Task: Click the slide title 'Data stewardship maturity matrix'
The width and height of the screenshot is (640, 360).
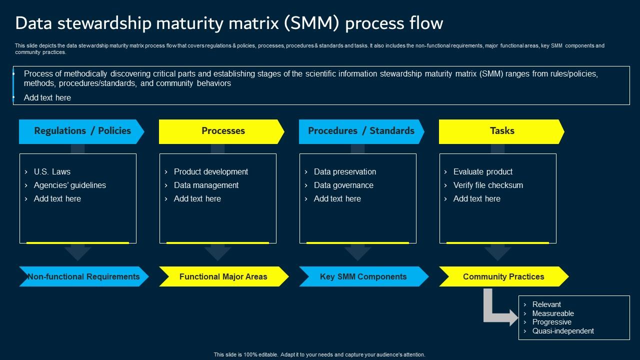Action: (x=229, y=23)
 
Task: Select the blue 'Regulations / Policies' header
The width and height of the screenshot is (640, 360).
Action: (x=82, y=131)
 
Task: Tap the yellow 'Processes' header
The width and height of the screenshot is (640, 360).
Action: (x=222, y=131)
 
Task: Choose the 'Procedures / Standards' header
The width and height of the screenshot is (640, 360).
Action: (x=361, y=131)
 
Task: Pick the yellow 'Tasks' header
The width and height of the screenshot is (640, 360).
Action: (x=501, y=131)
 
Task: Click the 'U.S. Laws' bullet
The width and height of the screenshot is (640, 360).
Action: (x=52, y=171)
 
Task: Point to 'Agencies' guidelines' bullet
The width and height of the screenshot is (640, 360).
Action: (x=69, y=185)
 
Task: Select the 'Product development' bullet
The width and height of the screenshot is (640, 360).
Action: (x=210, y=171)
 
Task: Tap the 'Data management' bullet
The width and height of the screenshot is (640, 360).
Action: (x=206, y=185)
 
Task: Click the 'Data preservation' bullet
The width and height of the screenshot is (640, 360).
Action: (x=344, y=171)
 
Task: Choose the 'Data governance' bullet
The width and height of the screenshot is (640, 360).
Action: (x=343, y=185)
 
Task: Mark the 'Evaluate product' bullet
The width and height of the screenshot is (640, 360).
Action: (x=482, y=171)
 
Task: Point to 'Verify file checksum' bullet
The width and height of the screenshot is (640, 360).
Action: (x=488, y=185)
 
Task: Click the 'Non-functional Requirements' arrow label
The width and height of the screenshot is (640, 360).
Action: (x=83, y=276)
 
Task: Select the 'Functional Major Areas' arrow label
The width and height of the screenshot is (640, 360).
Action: (x=223, y=276)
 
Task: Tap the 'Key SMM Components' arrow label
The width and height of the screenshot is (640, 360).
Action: (x=363, y=276)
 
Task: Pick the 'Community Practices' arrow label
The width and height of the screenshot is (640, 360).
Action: (x=503, y=276)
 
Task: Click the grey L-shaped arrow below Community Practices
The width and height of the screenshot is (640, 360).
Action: (x=495, y=312)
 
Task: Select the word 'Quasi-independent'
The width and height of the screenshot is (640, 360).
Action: (x=563, y=331)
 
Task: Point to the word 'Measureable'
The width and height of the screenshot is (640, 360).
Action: (x=553, y=313)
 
